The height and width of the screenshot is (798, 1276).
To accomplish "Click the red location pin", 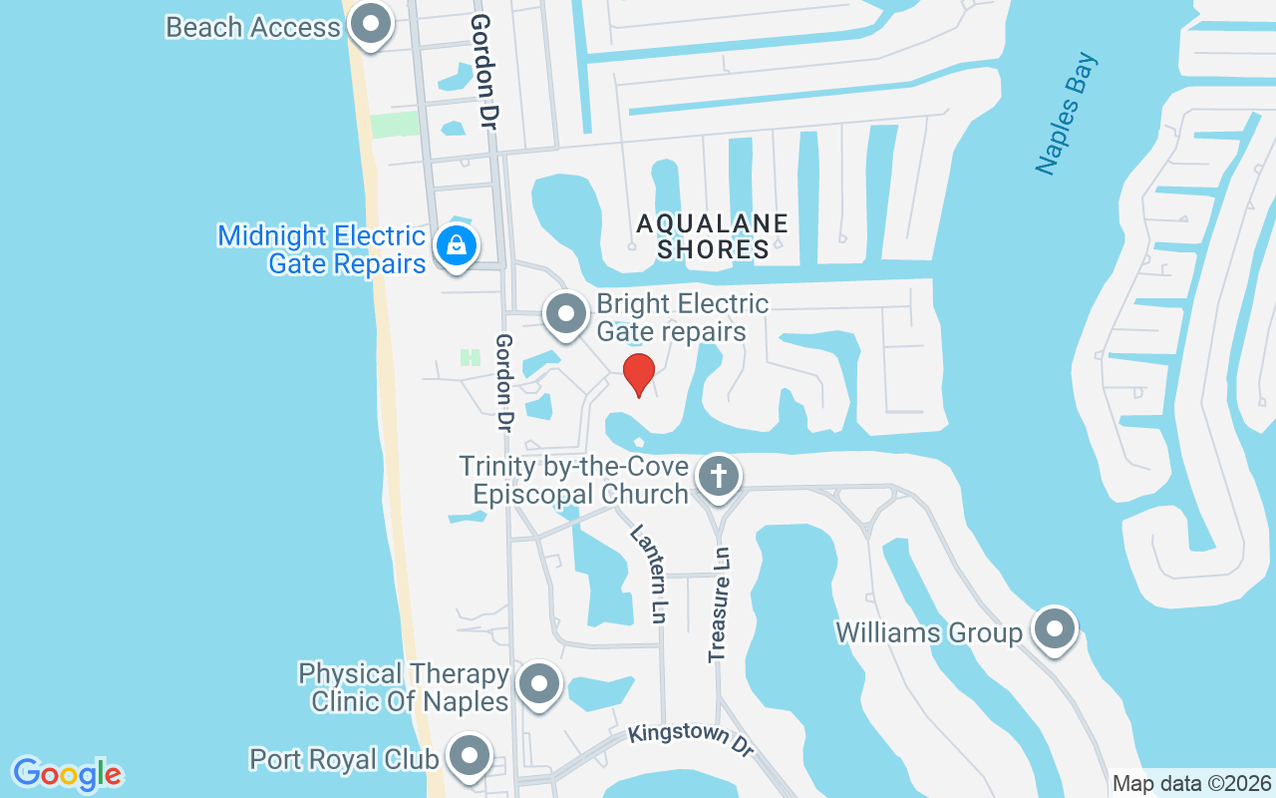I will (638, 373).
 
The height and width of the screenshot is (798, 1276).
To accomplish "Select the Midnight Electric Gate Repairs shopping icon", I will (456, 243).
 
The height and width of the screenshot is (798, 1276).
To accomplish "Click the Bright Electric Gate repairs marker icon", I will (567, 313).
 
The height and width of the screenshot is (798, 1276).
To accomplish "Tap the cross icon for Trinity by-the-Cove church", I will (718, 476).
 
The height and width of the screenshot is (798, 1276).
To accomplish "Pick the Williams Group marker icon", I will (1054, 629).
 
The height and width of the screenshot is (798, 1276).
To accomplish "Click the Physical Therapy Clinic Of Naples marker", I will (540, 684).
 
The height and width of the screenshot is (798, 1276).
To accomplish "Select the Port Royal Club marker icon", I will (469, 757).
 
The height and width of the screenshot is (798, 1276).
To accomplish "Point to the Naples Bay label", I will (1066, 114).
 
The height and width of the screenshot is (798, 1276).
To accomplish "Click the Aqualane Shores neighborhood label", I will (713, 236).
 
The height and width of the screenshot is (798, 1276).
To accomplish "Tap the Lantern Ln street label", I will (648, 575).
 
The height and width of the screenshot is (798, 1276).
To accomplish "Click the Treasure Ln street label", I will (720, 604).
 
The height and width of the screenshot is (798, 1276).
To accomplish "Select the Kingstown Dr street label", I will (691, 740).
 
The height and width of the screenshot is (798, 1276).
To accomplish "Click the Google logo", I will (67, 774).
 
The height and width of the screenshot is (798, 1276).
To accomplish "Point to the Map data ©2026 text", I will (1191, 783).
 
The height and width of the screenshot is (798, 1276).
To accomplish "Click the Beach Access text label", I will (253, 27).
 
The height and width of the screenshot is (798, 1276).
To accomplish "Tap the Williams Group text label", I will (929, 632).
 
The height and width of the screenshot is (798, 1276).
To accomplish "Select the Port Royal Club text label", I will (344, 759).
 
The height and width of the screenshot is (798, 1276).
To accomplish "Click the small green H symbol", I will (470, 357).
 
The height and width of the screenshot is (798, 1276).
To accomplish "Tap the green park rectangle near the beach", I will (395, 125).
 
